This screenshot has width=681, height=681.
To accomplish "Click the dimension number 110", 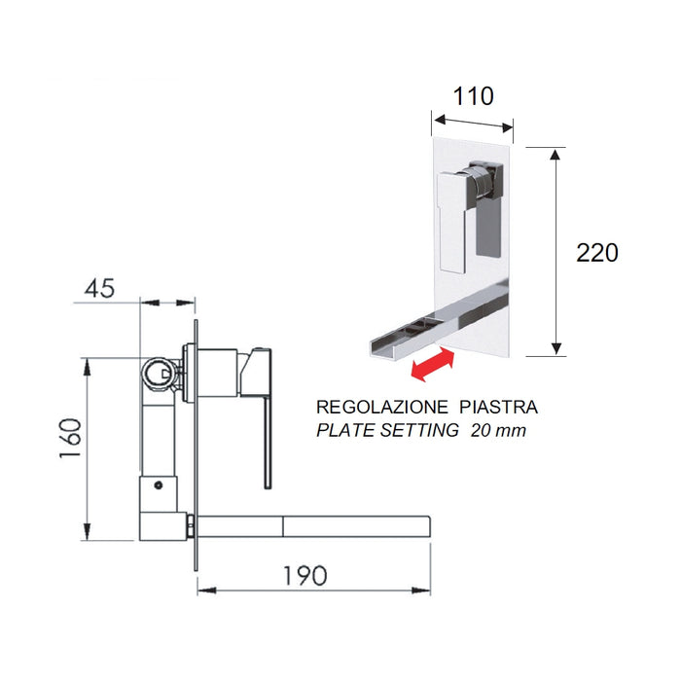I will click(x=473, y=96).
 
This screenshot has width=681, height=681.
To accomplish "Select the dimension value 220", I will click(x=596, y=253).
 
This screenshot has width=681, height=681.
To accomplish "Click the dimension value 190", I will click(x=305, y=575).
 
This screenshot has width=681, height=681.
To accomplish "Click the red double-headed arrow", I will click(x=430, y=367).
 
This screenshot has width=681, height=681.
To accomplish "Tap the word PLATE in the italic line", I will click(x=347, y=430).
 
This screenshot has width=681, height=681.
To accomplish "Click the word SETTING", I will click(x=423, y=430).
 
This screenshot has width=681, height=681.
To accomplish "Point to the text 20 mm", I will click(x=497, y=430).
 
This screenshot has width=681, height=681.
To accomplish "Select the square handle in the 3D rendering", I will click(x=453, y=219).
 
